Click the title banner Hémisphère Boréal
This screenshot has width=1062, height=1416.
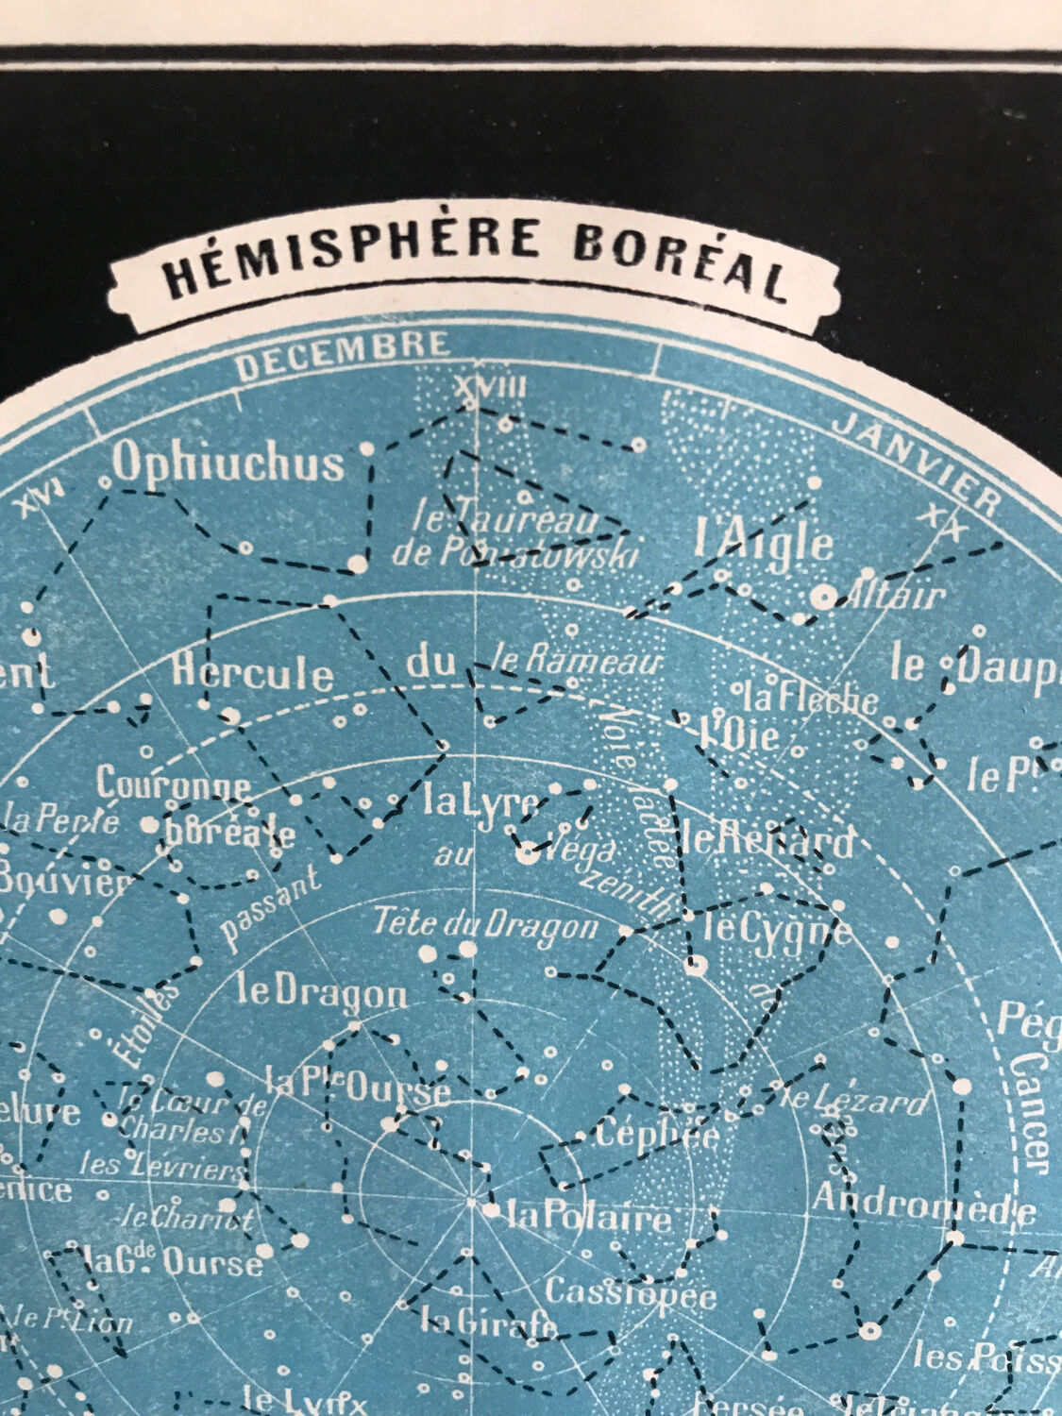point(474,263)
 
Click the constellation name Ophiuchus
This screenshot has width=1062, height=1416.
point(228,463)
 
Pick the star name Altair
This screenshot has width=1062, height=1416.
point(895,595)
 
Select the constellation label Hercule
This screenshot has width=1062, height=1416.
point(252,673)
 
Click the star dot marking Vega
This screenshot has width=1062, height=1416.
point(527,854)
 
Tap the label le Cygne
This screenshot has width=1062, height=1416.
point(776,931)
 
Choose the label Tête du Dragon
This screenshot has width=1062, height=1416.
point(485,925)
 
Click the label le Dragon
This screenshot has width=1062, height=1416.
point(322,992)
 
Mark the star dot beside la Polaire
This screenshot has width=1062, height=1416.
point(491,1209)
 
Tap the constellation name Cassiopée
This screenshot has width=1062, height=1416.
point(631,1293)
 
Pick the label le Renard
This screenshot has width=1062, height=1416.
point(767,839)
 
